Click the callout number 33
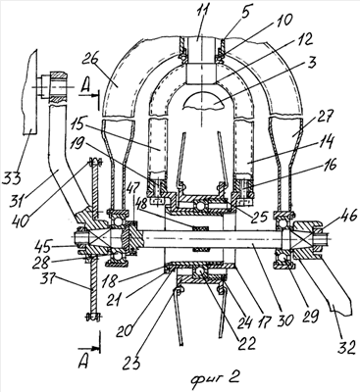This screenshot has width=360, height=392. (12, 177)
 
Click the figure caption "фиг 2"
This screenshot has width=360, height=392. (216, 378)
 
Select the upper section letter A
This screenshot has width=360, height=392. (85, 86)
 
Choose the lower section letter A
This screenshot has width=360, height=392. (83, 363)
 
